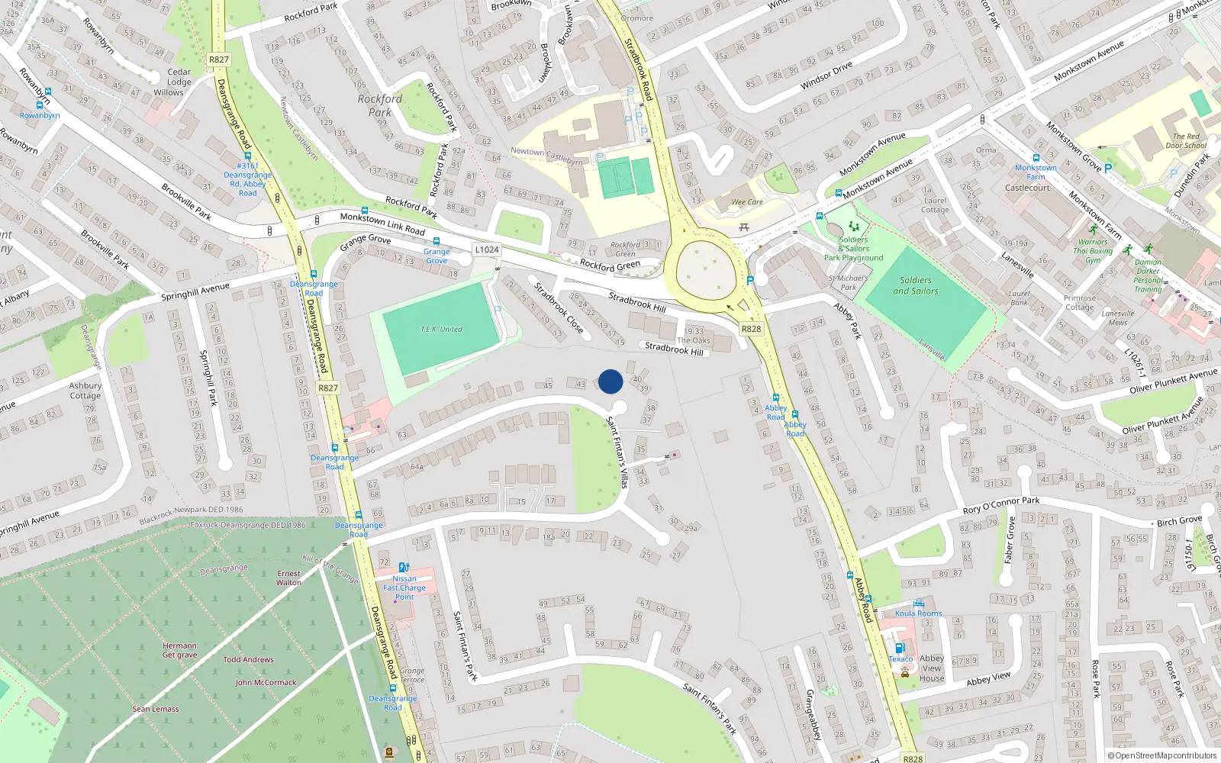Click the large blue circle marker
pyautogui.click(x=610, y=381)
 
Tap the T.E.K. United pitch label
pyautogui.click(x=441, y=330)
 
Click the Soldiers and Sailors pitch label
pyautogui.click(x=916, y=285)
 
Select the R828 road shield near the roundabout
pyautogui.click(x=751, y=329)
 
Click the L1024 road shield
pyautogui.click(x=487, y=250)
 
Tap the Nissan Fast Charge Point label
pyautogui.click(x=404, y=588)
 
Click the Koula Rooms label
pyautogui.click(x=918, y=613)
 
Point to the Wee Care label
pyautogui.click(x=747, y=202)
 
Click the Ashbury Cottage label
pyautogui.click(x=85, y=391)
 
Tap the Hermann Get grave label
pyautogui.click(x=179, y=650)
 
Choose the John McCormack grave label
pyautogui.click(x=266, y=682)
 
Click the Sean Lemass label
pyautogui.click(x=156, y=709)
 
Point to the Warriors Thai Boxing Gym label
pyautogui.click(x=1093, y=251)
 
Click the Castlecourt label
pyautogui.click(x=1027, y=188)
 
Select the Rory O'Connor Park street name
pyautogui.click(x=1001, y=505)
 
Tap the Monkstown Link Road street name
pyautogui.click(x=382, y=224)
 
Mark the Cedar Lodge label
pyautogui.click(x=179, y=77)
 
